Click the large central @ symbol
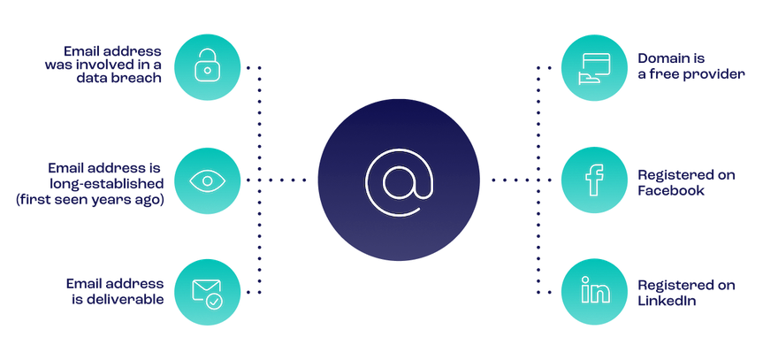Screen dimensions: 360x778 coord(398,180)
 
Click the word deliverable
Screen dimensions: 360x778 coord(127,300)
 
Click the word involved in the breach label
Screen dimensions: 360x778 coord(105,64)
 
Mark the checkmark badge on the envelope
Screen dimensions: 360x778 coord(216,300)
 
